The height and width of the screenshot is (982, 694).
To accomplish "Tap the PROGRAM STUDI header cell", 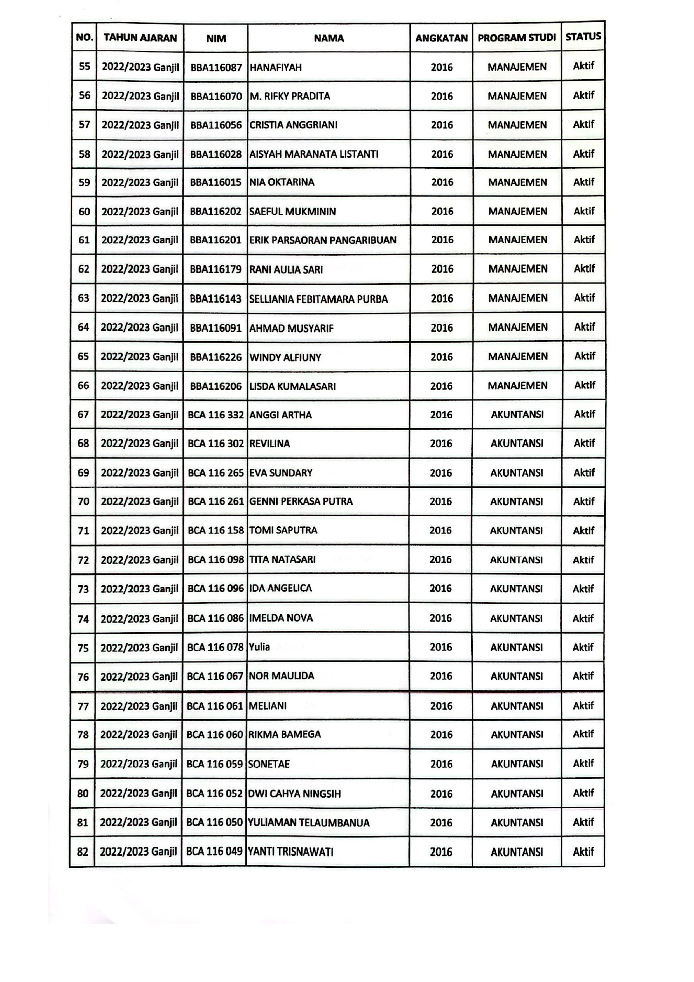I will pyautogui.click(x=517, y=38).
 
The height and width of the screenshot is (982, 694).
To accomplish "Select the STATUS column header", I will pyautogui.click(x=583, y=37).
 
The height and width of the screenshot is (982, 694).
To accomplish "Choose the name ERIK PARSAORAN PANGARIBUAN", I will pyautogui.click(x=323, y=240).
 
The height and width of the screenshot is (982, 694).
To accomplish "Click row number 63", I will pyautogui.click(x=83, y=298).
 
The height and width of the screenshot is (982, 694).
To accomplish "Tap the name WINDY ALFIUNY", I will pyautogui.click(x=285, y=357).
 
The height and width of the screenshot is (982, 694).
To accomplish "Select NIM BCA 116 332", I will pyautogui.click(x=215, y=415).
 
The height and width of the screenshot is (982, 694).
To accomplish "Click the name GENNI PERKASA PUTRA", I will pyautogui.click(x=301, y=501).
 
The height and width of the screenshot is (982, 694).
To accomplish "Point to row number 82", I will pyautogui.click(x=83, y=852).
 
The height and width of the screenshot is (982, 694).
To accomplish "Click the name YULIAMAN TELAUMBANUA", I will pyautogui.click(x=309, y=822).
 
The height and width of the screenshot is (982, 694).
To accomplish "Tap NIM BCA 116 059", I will pyautogui.click(x=214, y=764).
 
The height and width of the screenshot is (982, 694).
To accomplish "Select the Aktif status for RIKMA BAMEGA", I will pyautogui.click(x=583, y=734).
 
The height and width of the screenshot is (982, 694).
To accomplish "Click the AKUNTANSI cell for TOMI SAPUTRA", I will pyautogui.click(x=516, y=530).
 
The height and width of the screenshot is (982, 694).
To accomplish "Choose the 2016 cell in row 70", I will pyautogui.click(x=441, y=501).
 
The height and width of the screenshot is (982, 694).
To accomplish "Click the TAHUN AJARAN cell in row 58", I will pyautogui.click(x=140, y=154).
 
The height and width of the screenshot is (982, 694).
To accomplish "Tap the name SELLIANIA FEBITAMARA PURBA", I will pyautogui.click(x=318, y=299).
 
